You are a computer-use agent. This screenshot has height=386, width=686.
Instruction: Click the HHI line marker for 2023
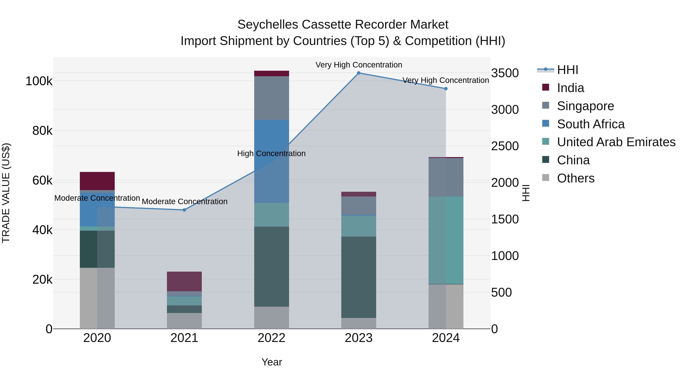pos(358,73)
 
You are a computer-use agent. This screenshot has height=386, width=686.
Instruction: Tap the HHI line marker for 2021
pos(184,210)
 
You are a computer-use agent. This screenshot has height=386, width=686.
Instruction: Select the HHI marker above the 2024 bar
pos(446,89)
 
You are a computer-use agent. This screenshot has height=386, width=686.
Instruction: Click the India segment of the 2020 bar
pos(97,181)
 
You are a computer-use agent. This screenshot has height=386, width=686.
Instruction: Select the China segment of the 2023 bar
pos(358,277)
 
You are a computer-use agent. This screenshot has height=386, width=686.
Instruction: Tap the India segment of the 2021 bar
pos(184,281)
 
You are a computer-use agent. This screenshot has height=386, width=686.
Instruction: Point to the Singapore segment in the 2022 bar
pos(271,98)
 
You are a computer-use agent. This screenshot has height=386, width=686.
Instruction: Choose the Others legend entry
pos(575,178)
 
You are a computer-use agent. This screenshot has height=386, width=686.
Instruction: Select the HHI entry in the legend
pos(567,70)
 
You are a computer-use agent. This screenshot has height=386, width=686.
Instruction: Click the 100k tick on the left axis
pos(39,81)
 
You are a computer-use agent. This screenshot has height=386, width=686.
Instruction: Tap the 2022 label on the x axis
pos(271,338)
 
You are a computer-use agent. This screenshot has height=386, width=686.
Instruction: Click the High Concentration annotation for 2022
pos(271,153)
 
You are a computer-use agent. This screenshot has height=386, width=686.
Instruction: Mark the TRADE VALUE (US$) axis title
pos(6,193)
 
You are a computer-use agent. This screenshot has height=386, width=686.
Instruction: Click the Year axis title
pos(272,362)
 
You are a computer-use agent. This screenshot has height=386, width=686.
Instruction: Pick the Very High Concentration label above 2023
pos(359,65)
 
